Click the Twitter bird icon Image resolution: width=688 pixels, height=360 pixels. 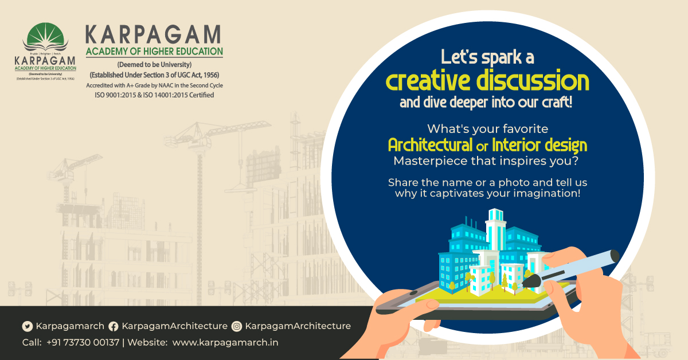[28, 326]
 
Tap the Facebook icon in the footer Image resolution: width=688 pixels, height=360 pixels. [114, 326]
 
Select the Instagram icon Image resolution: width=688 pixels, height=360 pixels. [237, 326]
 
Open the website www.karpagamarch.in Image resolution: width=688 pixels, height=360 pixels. [225, 342]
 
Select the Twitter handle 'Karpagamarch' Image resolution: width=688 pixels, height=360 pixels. [70, 326]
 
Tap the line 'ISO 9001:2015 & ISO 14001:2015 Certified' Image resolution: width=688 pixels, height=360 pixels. [154, 95]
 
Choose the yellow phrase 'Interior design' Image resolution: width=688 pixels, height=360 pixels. [548, 144]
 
